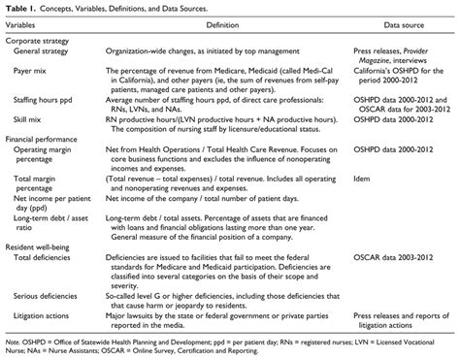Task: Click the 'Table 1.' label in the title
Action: pos(21,10)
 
